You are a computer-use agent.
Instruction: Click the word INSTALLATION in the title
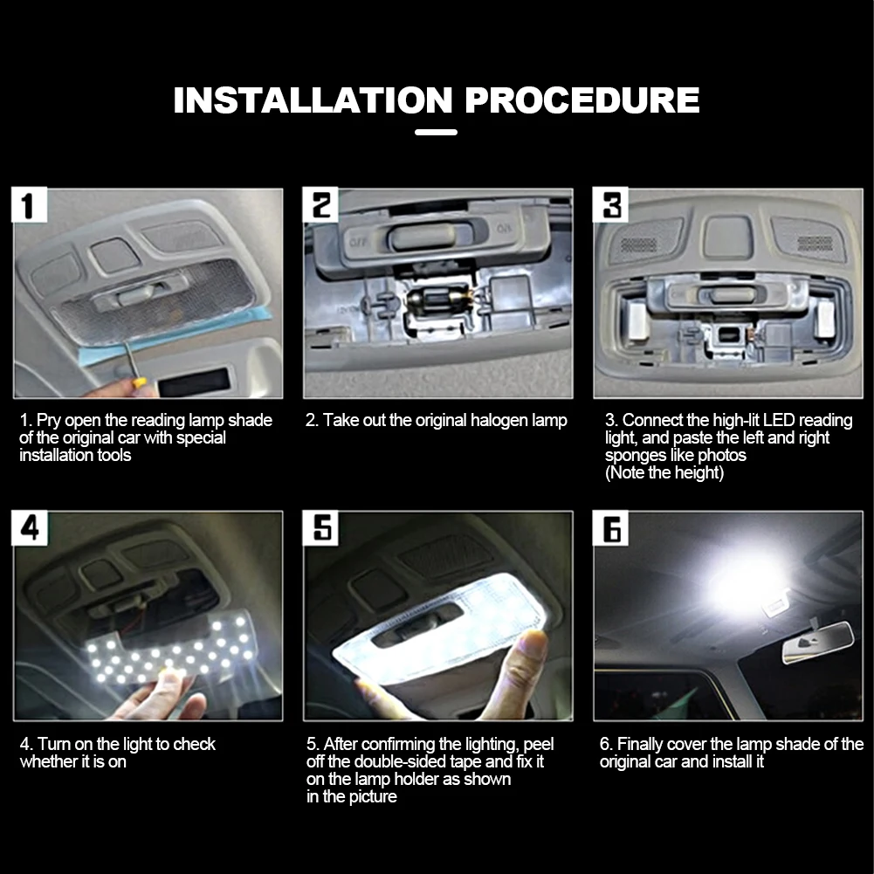coord(313,100)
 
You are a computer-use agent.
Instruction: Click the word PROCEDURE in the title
coord(582,100)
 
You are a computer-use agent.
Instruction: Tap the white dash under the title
coord(436,132)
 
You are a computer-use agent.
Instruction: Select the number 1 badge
coord(29,204)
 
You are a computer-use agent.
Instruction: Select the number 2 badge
coord(320,204)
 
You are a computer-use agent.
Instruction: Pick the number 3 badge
coord(610,204)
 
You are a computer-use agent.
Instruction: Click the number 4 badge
coord(29,528)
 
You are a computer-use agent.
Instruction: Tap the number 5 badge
coord(320,528)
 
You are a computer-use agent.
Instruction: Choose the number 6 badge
coord(610,528)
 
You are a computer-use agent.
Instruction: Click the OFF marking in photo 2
coord(357,242)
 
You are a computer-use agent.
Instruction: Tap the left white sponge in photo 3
coord(637,321)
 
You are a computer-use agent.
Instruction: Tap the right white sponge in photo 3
coord(824,320)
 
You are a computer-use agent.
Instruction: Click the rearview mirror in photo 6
coord(818,643)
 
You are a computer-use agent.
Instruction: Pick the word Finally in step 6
coord(640,745)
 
